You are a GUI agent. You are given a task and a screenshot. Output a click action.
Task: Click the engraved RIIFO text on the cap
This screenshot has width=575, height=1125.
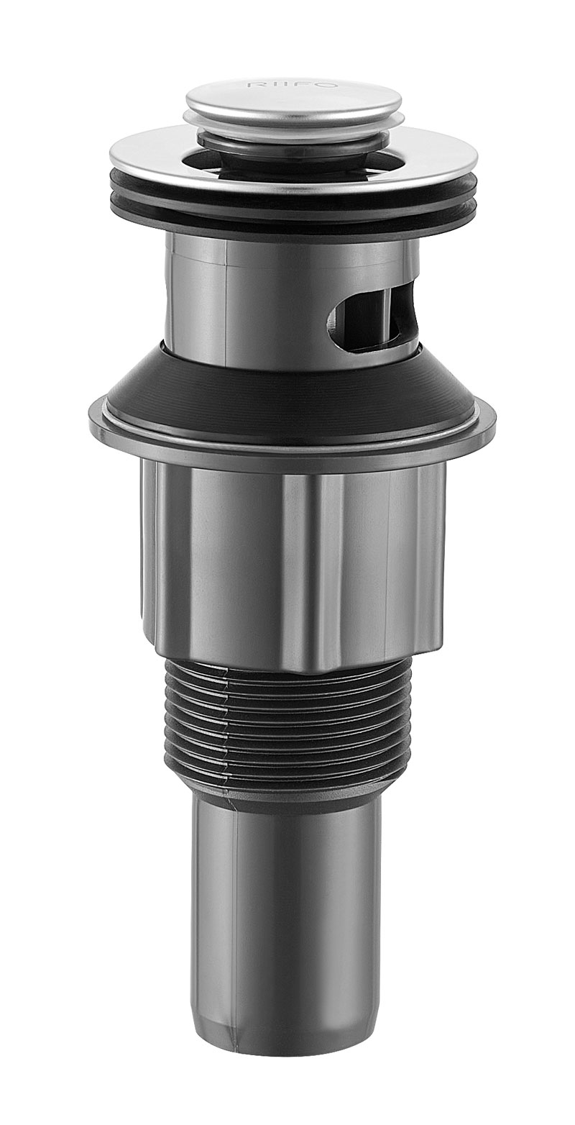tap(290, 85)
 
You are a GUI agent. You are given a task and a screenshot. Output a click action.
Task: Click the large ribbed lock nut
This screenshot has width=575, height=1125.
tap(216, 561)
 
